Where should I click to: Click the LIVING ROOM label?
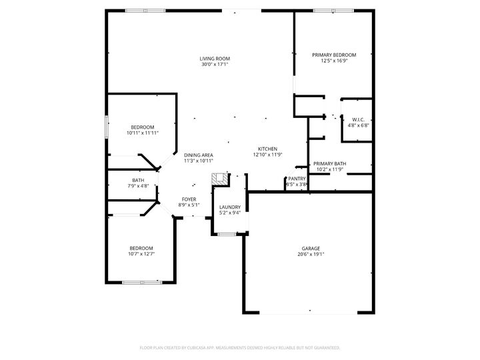pos(215,59)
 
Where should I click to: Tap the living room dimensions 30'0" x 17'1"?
pos(215,65)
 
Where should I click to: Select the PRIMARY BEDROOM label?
pos(334,55)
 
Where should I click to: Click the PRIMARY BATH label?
pos(330,163)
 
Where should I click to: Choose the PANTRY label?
pos(297,179)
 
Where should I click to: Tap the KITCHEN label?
pos(268,149)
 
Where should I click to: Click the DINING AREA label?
pos(199,155)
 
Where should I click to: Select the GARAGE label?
pos(311,248)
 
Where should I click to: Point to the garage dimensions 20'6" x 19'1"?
pos(311,254)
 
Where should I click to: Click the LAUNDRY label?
pos(230,207)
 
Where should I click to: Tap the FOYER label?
pos(189,199)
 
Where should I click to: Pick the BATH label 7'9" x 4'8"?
pos(138,180)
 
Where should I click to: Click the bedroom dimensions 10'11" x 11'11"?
pos(142,133)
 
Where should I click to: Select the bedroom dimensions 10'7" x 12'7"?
pos(141,253)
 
